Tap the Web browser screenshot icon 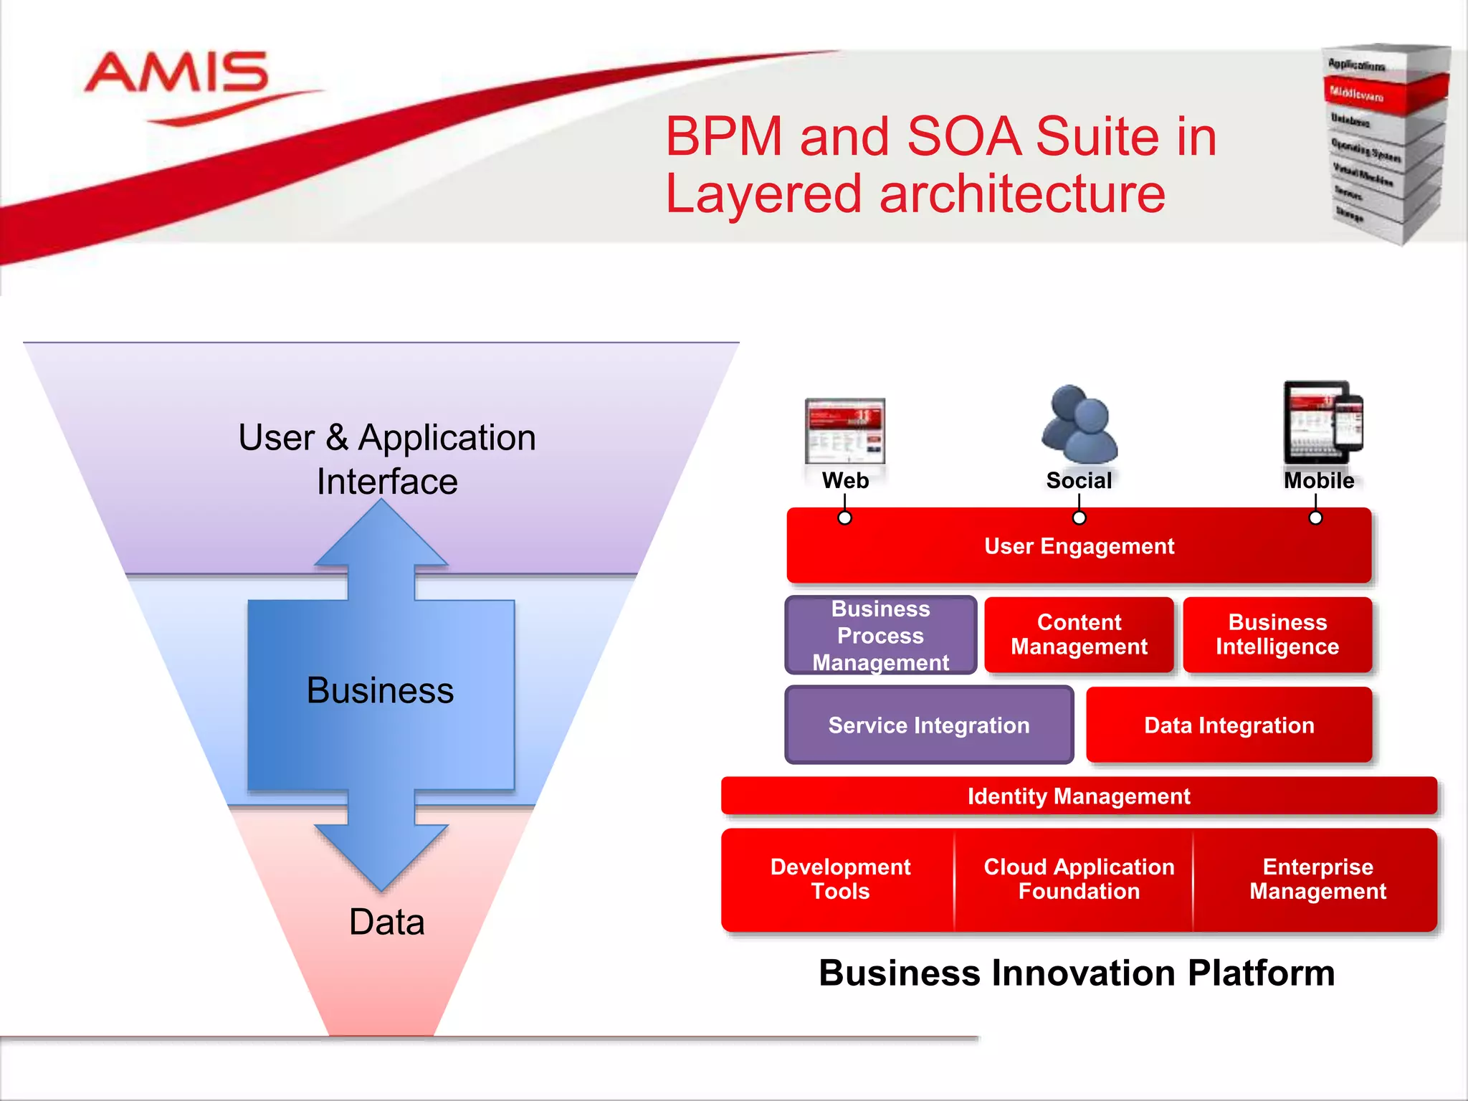point(845,432)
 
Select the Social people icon point(1079,424)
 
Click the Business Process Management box point(881,636)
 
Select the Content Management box point(1079,635)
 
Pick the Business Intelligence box point(1277,635)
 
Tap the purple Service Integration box point(929,725)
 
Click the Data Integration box point(1229,725)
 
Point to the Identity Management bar point(1079,796)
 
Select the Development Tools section point(840,880)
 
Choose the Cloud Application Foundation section point(1079,880)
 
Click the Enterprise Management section point(1317,880)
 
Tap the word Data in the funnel point(386,923)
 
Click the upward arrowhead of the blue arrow point(381,534)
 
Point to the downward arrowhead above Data point(381,857)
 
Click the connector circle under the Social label point(1079,518)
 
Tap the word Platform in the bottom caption point(1261,974)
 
